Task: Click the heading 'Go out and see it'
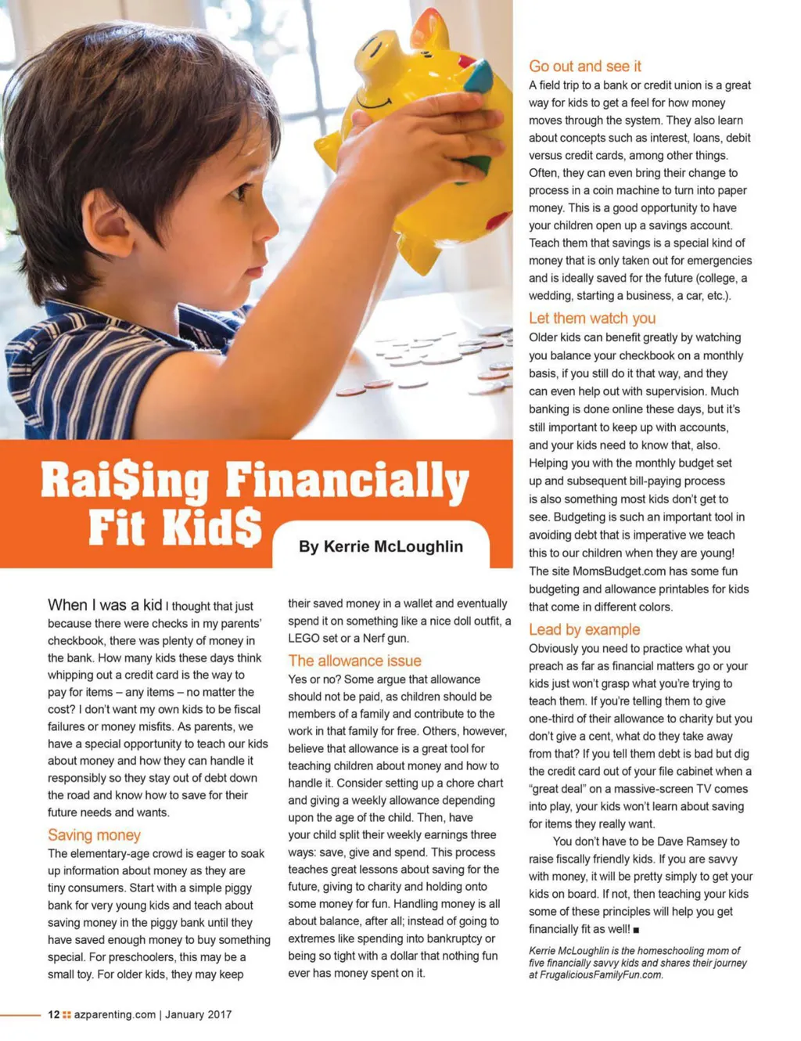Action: point(584,67)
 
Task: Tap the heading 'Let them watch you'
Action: point(591,318)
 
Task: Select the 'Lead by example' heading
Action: point(584,629)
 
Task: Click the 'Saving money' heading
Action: point(94,835)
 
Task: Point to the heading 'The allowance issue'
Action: point(354,661)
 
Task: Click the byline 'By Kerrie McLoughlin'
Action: point(380,546)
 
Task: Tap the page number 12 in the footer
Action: point(53,1014)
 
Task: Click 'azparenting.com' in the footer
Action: point(115,1014)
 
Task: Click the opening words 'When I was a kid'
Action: point(105,605)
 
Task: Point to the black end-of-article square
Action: point(636,930)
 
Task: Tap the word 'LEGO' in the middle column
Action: point(304,638)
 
